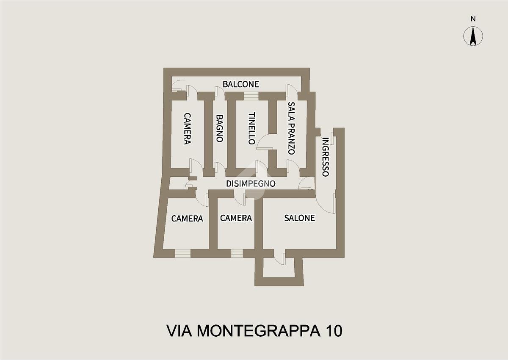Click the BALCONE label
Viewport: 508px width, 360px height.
click(240, 84)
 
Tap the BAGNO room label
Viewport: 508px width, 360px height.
click(220, 128)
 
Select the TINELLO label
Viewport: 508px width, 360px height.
click(252, 128)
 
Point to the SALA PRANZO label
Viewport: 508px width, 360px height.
click(291, 128)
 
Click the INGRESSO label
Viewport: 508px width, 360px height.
click(326, 157)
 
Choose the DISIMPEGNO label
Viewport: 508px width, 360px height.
click(251, 183)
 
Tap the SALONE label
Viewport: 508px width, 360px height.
click(300, 218)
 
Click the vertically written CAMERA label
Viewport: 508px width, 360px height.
click(187, 129)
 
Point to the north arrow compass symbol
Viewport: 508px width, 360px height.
click(473, 36)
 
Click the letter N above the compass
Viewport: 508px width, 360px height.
click(473, 19)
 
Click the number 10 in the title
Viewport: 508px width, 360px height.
click(334, 331)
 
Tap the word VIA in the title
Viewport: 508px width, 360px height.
click(179, 331)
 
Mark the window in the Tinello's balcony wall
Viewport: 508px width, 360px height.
click(251, 96)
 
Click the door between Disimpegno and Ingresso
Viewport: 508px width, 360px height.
click(306, 183)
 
